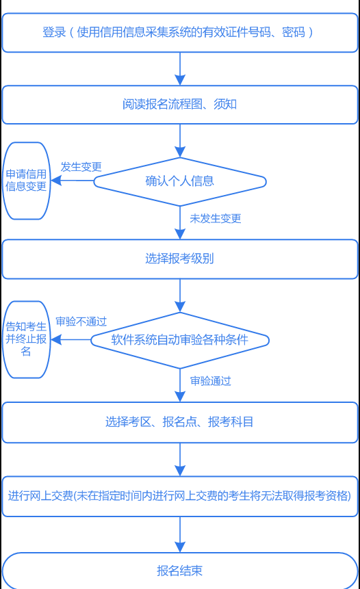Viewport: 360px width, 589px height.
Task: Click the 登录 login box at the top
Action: [x=179, y=32]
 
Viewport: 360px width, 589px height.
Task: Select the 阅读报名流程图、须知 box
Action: [x=179, y=105]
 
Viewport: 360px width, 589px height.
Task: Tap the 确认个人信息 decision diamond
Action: [x=179, y=181]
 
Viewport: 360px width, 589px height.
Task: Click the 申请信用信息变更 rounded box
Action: [x=27, y=181]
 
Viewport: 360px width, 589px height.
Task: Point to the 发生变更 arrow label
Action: [x=81, y=167]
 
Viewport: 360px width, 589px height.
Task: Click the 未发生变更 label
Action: [x=215, y=219]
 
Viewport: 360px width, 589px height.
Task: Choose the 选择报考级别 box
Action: [x=179, y=259]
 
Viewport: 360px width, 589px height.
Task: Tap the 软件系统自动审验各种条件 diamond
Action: [x=179, y=339]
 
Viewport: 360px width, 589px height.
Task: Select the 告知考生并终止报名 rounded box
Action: [x=27, y=339]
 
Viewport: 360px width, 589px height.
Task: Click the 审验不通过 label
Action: [x=81, y=322]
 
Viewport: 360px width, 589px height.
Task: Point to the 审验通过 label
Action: [x=210, y=381]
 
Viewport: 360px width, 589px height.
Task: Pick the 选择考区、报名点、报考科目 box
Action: [x=179, y=422]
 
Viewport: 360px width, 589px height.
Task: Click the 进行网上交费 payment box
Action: [x=179, y=496]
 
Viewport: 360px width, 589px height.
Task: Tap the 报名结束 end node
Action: [x=179, y=571]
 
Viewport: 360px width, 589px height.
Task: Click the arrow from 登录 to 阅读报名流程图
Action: [x=180, y=68]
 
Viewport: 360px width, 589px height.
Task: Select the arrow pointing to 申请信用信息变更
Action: [x=72, y=181]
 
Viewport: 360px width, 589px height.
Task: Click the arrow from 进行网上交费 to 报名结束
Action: [x=180, y=534]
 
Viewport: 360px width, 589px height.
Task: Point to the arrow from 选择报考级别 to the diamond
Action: [x=180, y=296]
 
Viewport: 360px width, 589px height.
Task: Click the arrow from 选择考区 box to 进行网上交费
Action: [x=180, y=459]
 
